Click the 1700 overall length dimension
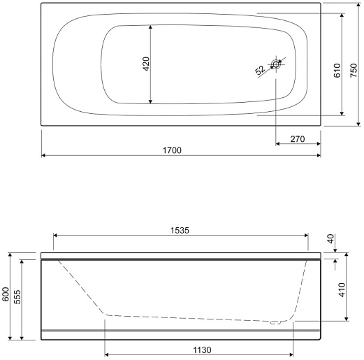(172, 150)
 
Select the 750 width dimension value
(354, 71)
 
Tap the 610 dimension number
(337, 71)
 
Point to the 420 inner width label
(146, 64)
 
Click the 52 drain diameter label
(260, 70)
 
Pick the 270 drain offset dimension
(298, 139)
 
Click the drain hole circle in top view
(276, 64)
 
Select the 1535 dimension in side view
(180, 231)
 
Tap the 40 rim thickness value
(330, 239)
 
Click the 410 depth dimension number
(342, 289)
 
